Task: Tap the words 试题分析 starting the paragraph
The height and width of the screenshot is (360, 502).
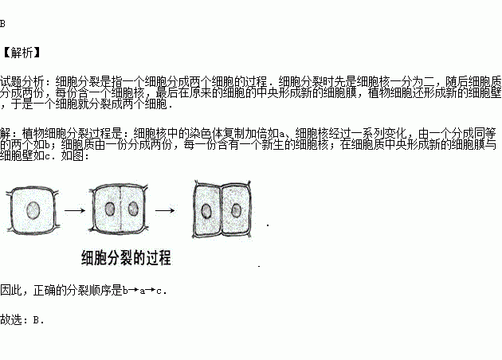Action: [19, 81]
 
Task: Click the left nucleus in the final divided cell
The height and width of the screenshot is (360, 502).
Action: [206, 212]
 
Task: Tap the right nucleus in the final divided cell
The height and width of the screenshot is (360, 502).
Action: [236, 210]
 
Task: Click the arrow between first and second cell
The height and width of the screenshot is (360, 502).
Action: [75, 210]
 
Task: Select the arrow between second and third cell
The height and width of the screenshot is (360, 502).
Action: [165, 210]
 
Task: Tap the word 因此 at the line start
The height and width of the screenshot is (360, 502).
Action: [10, 291]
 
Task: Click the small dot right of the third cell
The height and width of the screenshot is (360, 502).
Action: [268, 225]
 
